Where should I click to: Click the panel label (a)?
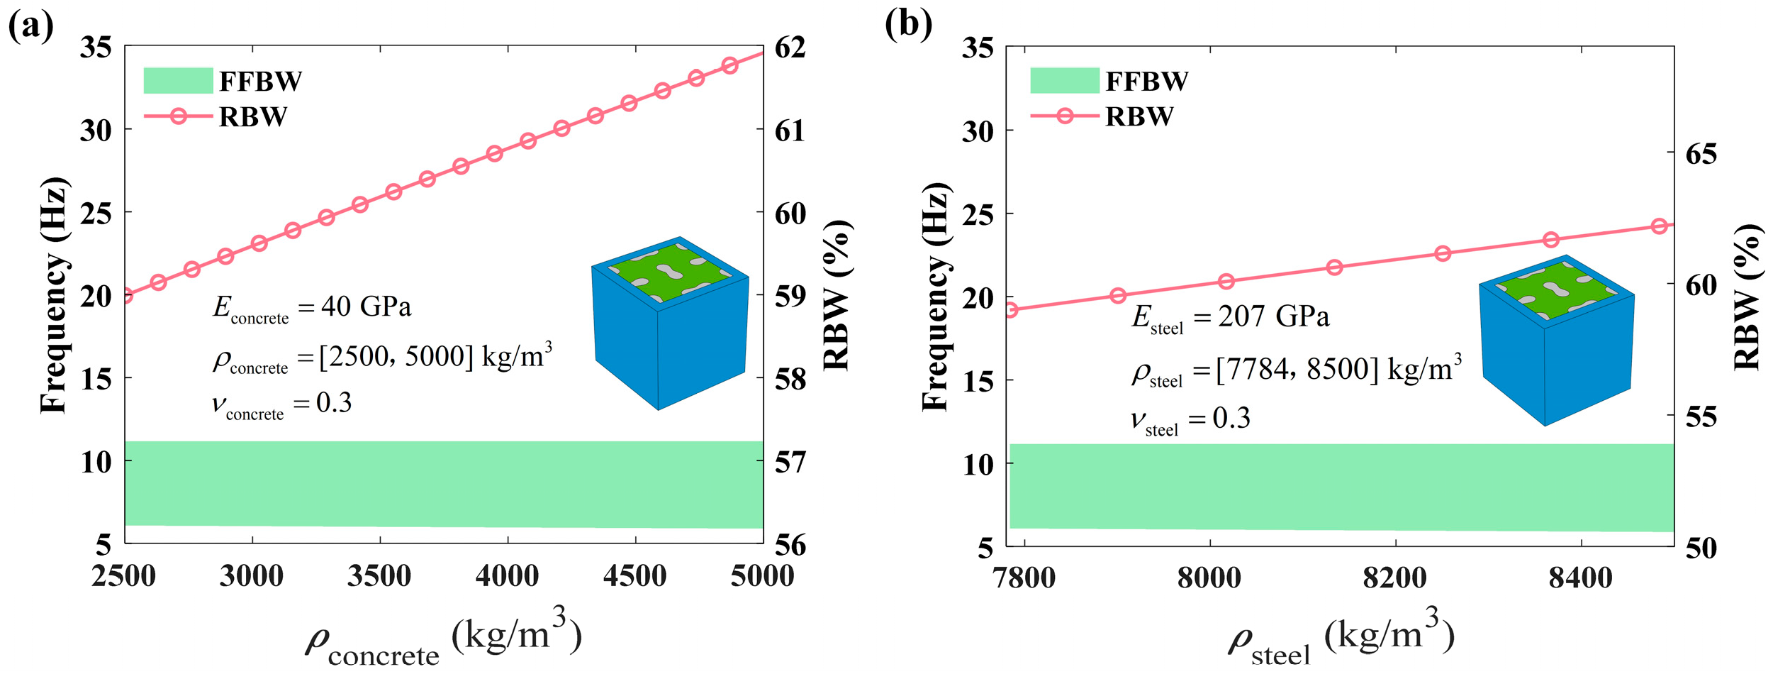point(30,26)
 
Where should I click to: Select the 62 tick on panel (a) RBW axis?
point(790,48)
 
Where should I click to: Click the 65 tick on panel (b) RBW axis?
point(1701,154)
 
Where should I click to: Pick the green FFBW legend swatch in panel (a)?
point(178,81)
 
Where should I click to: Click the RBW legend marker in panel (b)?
point(1064,116)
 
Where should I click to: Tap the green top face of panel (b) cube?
point(1556,289)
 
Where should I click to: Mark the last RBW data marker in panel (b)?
point(1659,226)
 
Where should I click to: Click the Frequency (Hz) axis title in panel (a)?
point(54,294)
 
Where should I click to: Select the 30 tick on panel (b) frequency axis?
point(978,131)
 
